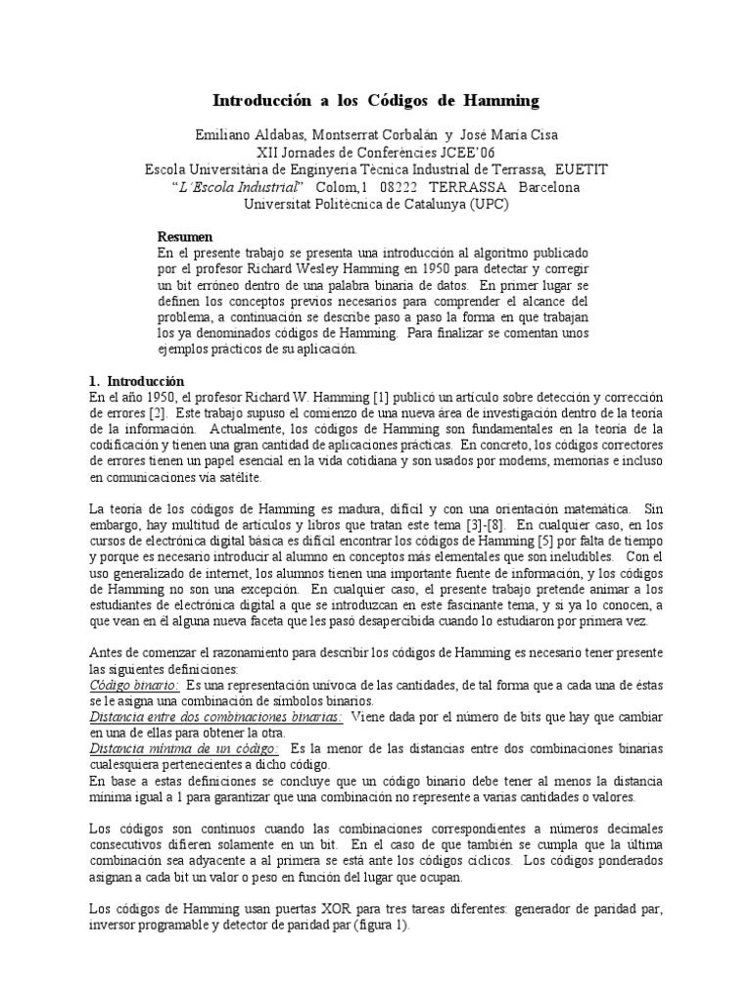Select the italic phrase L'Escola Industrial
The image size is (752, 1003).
pyautogui.click(x=239, y=186)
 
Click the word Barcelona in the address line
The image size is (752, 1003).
pyautogui.click(x=548, y=186)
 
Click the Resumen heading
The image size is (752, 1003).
pyautogui.click(x=185, y=238)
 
